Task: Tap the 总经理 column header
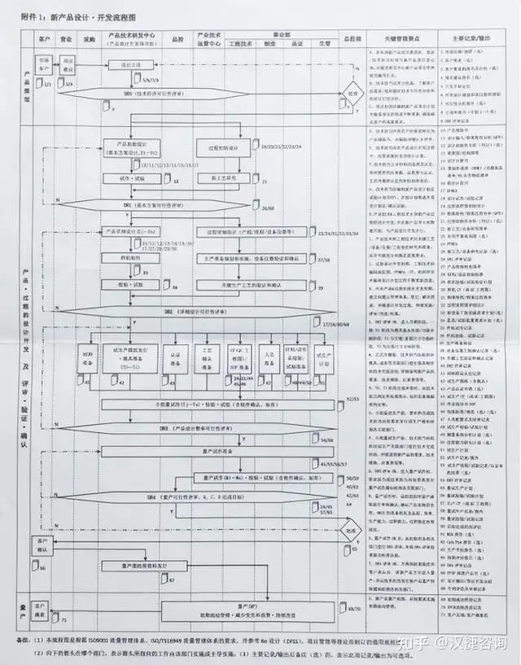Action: coord(351,38)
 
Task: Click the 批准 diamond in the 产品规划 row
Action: coord(352,94)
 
